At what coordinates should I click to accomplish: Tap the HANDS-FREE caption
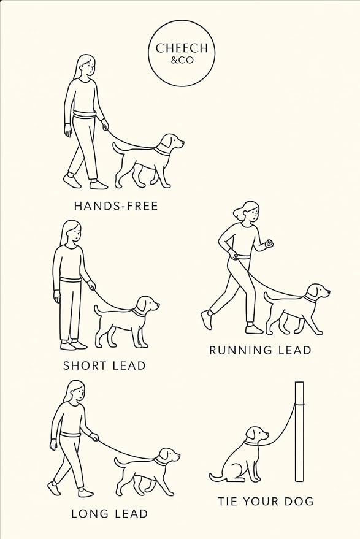pyautogui.click(x=116, y=206)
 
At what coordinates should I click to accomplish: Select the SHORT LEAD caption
pyautogui.click(x=104, y=365)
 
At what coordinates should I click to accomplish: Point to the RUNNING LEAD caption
pyautogui.click(x=260, y=350)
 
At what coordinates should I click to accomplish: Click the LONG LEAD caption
pyautogui.click(x=109, y=513)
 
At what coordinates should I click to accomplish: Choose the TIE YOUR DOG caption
pyautogui.click(x=266, y=501)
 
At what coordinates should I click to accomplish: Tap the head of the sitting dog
pyautogui.click(x=257, y=435)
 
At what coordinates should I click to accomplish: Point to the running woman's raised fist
pyautogui.click(x=267, y=244)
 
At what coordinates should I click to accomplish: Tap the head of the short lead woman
pyautogui.click(x=72, y=233)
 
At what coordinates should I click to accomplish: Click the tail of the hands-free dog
pyautogui.click(x=118, y=147)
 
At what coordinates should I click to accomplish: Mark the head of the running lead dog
pyautogui.click(x=317, y=292)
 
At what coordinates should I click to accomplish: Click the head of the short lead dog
pyautogui.click(x=147, y=305)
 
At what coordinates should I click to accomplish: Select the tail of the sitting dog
pyautogui.click(x=215, y=475)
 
